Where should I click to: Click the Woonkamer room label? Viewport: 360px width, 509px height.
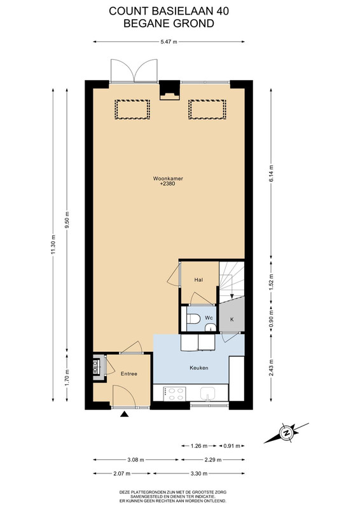click(x=168, y=178)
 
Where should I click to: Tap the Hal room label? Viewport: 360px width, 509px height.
click(x=198, y=279)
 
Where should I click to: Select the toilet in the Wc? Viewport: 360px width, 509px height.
click(x=193, y=319)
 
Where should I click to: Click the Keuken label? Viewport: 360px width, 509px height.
click(x=198, y=368)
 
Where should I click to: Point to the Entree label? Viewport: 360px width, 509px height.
click(x=129, y=373)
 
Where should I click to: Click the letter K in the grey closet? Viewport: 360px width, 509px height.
click(x=232, y=319)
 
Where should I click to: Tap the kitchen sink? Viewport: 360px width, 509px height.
click(x=207, y=394)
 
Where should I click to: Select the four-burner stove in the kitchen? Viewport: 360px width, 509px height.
click(x=176, y=394)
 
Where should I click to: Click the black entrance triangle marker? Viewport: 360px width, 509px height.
click(x=124, y=414)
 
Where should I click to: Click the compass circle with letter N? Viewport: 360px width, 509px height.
click(x=286, y=433)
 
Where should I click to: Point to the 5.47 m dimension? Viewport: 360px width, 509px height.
click(x=169, y=41)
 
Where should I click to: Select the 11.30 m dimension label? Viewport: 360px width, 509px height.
click(x=53, y=246)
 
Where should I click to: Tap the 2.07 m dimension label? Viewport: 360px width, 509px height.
click(x=121, y=473)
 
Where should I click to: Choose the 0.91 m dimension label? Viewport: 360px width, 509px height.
click(x=232, y=446)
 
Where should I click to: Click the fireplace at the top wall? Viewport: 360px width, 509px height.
click(x=170, y=91)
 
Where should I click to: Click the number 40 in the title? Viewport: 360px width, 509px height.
click(x=222, y=11)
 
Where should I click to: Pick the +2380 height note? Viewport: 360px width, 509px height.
click(x=168, y=184)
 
